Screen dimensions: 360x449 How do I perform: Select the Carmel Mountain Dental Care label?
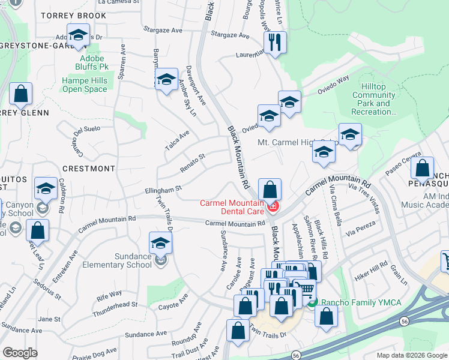click(x=232, y=207)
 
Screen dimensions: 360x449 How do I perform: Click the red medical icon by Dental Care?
click(x=274, y=207)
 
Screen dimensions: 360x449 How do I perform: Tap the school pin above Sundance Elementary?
click(x=160, y=244)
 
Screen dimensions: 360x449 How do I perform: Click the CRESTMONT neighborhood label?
click(x=88, y=169)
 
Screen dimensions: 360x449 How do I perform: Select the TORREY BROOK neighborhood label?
click(x=74, y=15)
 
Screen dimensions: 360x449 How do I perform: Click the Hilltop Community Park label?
click(x=373, y=99)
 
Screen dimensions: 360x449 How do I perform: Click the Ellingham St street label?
click(x=163, y=190)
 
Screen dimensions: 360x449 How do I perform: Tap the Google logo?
click(x=20, y=353)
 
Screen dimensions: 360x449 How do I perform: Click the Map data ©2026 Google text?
click(x=411, y=355)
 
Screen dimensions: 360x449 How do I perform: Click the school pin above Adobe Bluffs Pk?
click(x=78, y=36)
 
